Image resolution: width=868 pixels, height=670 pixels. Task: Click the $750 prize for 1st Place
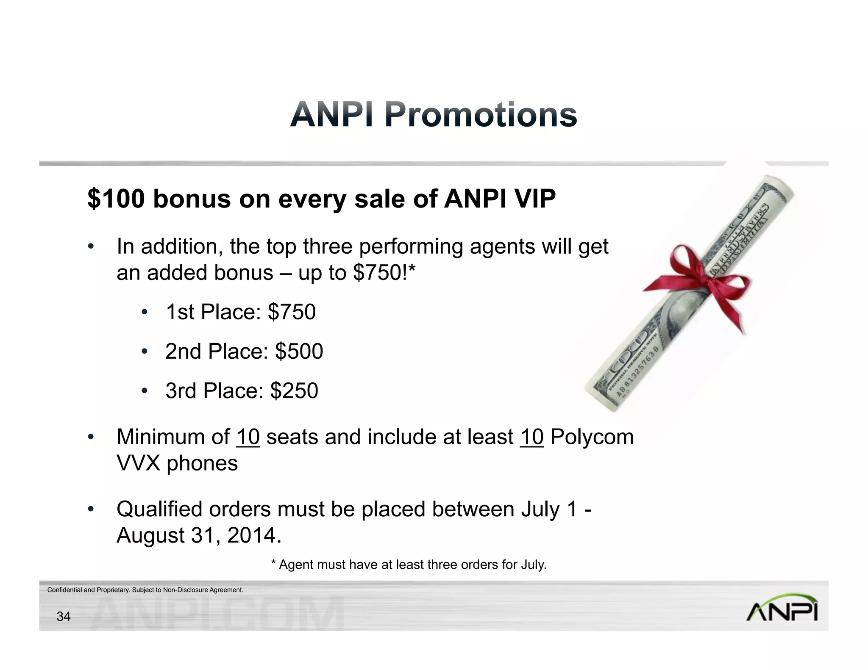292,312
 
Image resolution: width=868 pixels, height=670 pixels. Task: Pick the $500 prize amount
299,352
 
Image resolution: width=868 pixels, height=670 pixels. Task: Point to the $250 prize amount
294,390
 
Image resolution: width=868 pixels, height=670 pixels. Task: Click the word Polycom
592,437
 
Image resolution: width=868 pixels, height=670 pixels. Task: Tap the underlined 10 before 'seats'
248,437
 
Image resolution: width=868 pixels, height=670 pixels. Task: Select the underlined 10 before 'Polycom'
532,437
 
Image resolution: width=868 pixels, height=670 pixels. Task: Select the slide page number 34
64,617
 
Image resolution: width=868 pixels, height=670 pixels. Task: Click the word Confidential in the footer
65,590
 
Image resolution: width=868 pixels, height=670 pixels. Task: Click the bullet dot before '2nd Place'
145,352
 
